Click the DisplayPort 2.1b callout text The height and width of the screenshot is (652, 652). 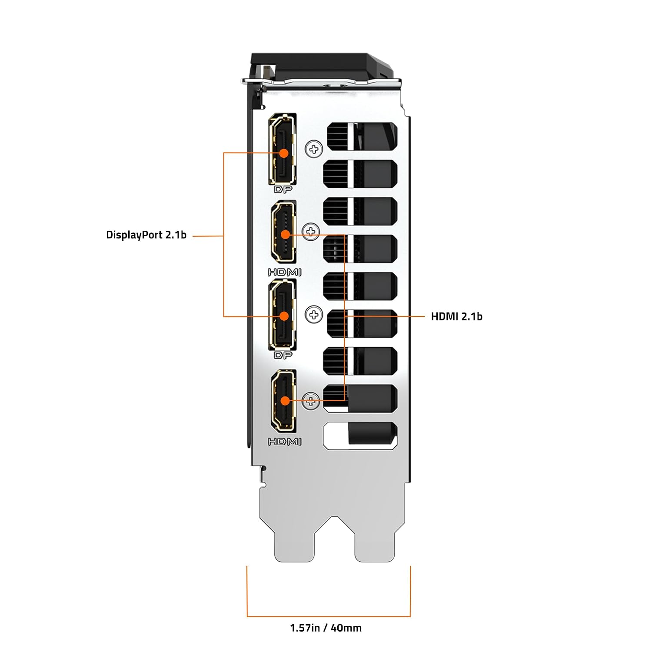pyautogui.click(x=146, y=235)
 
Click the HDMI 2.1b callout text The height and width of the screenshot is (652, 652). pyautogui.click(x=456, y=316)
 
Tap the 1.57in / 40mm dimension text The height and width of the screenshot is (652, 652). pyautogui.click(x=326, y=628)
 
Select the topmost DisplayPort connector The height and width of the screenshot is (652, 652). pyautogui.click(x=283, y=149)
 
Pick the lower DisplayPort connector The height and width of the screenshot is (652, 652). pyautogui.click(x=283, y=315)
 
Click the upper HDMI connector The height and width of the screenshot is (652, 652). pyautogui.click(x=284, y=232)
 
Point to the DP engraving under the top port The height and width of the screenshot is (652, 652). pyautogui.click(x=283, y=190)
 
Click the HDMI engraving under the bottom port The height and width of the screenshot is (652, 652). pyautogui.click(x=284, y=442)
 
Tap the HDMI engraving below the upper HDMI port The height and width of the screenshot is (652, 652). pyautogui.click(x=284, y=273)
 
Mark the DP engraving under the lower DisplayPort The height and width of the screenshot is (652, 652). pyautogui.click(x=283, y=355)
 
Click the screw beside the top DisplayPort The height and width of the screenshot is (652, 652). pyautogui.click(x=314, y=149)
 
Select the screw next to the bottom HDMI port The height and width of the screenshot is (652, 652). pyautogui.click(x=310, y=401)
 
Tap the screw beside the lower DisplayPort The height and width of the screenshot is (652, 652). pyautogui.click(x=314, y=315)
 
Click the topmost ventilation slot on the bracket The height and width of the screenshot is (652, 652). pyautogui.click(x=362, y=136)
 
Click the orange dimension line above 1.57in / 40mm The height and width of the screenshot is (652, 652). pyautogui.click(x=329, y=616)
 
